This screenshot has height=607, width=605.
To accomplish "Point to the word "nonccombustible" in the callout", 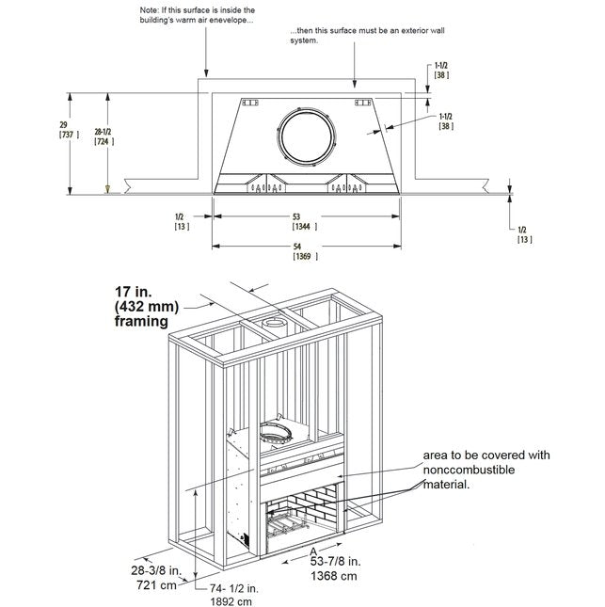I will click(468, 470).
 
